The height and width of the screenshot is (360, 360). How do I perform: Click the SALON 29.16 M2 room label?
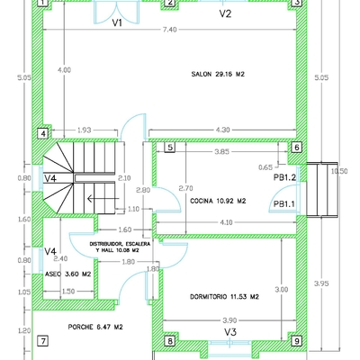click(x=219, y=75)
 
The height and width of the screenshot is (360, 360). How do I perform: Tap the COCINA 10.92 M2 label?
click(x=215, y=202)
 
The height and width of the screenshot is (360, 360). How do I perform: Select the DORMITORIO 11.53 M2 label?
click(x=224, y=296)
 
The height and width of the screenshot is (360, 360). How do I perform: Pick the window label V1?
click(x=117, y=23)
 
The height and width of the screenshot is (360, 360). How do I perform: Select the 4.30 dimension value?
click(x=224, y=131)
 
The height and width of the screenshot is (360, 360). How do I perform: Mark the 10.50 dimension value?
click(x=339, y=170)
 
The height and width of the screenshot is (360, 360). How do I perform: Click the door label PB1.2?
click(x=285, y=178)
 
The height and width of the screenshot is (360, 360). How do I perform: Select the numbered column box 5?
click(x=168, y=147)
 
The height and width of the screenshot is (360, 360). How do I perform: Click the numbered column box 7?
click(x=41, y=341)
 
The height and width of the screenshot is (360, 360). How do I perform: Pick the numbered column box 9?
click(x=295, y=342)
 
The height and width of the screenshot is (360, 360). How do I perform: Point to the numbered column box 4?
click(x=41, y=134)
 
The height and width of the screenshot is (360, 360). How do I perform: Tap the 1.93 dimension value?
click(x=84, y=131)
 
